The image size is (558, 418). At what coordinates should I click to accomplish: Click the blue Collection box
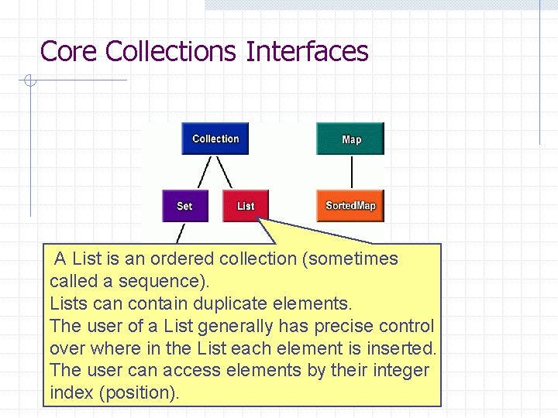pos(215,139)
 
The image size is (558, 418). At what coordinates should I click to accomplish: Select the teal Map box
pos(350,139)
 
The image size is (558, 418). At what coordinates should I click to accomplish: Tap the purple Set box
pos(185,206)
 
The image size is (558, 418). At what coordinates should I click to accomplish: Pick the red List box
pos(246,206)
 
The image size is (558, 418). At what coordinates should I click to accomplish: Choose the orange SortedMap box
pos(350,206)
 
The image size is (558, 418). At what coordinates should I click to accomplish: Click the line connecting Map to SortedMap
pos(352,173)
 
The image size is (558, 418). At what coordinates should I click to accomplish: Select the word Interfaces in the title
pos(307,52)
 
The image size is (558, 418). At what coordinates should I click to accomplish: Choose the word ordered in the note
pos(182,259)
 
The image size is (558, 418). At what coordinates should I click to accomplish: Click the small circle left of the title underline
pos(29,80)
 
